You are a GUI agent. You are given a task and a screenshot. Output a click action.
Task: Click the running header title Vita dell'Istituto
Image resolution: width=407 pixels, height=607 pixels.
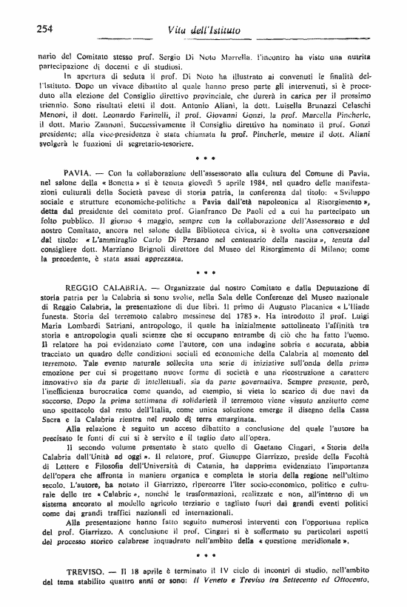206,29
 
